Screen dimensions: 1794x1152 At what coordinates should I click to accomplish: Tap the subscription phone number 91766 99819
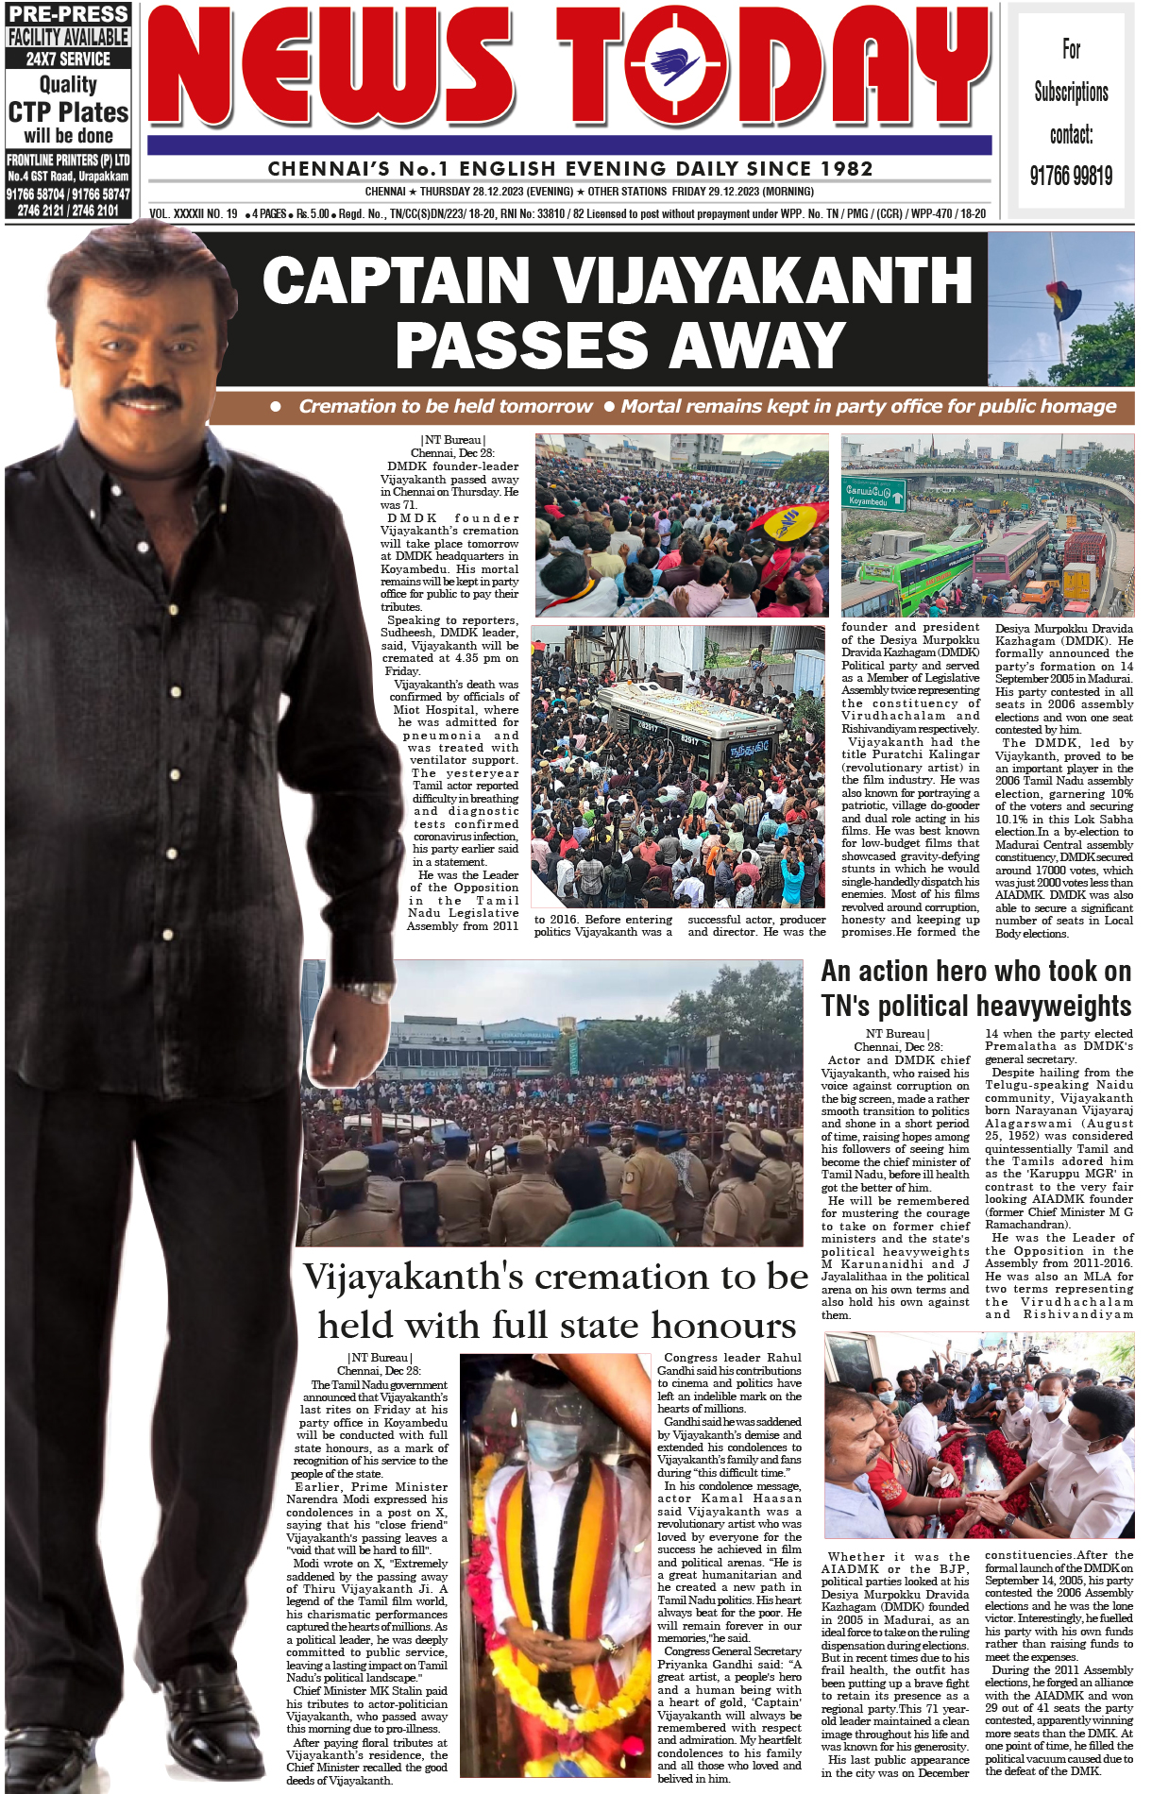pos(1071,176)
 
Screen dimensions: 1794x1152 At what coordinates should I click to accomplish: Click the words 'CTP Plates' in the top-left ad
pos(68,112)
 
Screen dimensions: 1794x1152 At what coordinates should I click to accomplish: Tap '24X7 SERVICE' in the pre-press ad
pos(68,59)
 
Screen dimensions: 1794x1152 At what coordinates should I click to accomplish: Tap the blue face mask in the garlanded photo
pos(553,1444)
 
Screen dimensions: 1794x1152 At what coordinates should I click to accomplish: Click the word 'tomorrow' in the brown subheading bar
pos(547,407)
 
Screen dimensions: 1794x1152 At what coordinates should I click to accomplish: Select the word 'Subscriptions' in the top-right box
pos(1071,92)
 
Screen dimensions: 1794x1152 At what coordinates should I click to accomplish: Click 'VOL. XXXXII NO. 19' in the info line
pos(194,214)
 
